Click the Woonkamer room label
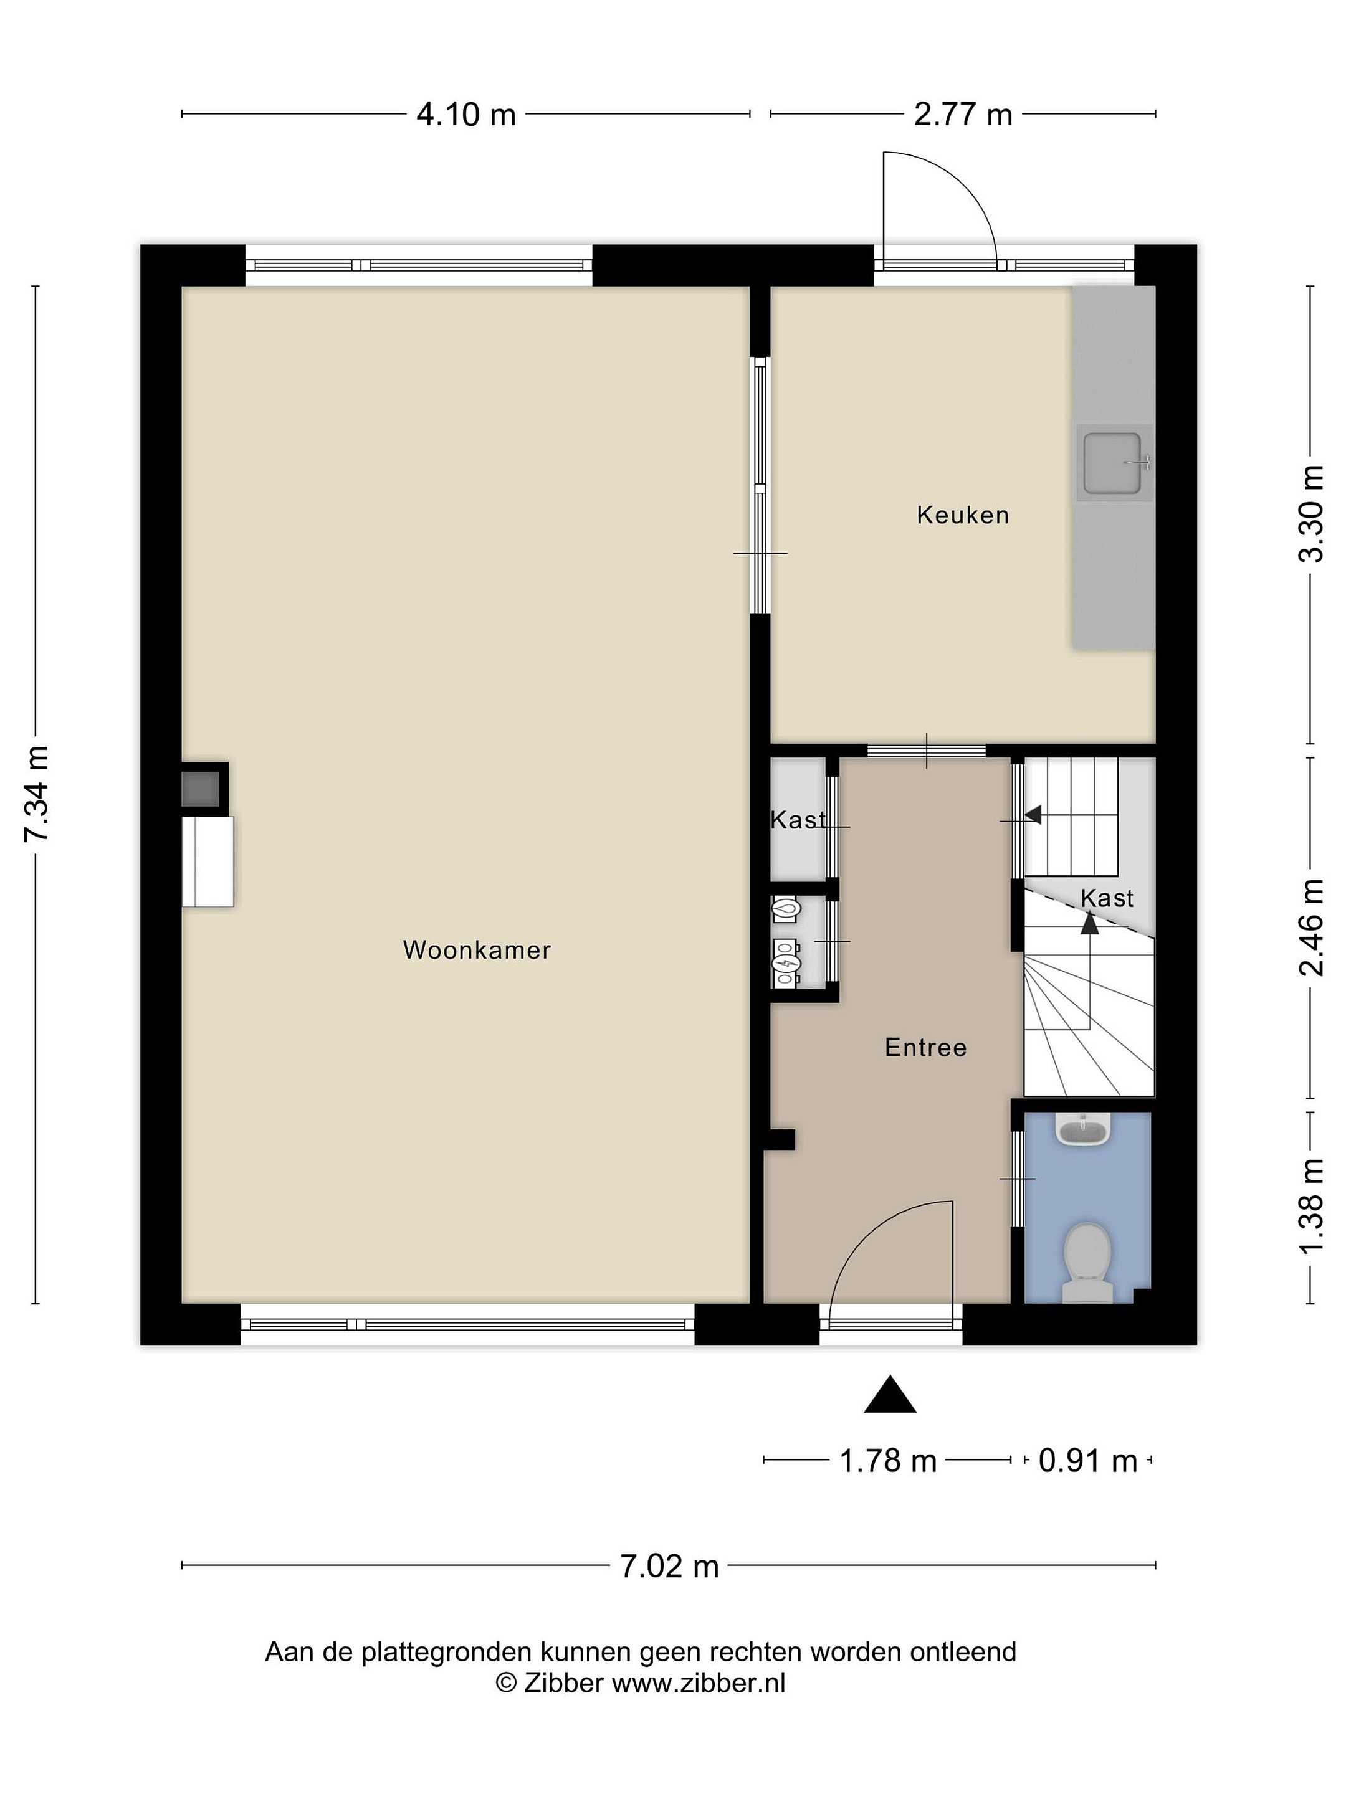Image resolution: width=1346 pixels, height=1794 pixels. point(477,950)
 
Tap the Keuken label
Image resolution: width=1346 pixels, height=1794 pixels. point(963,515)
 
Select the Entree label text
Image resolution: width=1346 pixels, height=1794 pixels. point(926,1048)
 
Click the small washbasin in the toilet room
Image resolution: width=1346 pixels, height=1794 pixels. point(1083,1130)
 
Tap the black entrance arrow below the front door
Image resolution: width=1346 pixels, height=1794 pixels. point(890,1394)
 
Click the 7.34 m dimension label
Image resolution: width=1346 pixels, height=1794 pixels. point(37,794)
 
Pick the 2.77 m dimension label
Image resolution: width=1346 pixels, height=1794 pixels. point(963,115)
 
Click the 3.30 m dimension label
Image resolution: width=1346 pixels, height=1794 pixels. point(1312,513)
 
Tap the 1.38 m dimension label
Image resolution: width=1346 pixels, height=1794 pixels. point(1312,1204)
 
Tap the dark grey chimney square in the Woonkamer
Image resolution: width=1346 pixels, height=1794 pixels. point(201,786)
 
